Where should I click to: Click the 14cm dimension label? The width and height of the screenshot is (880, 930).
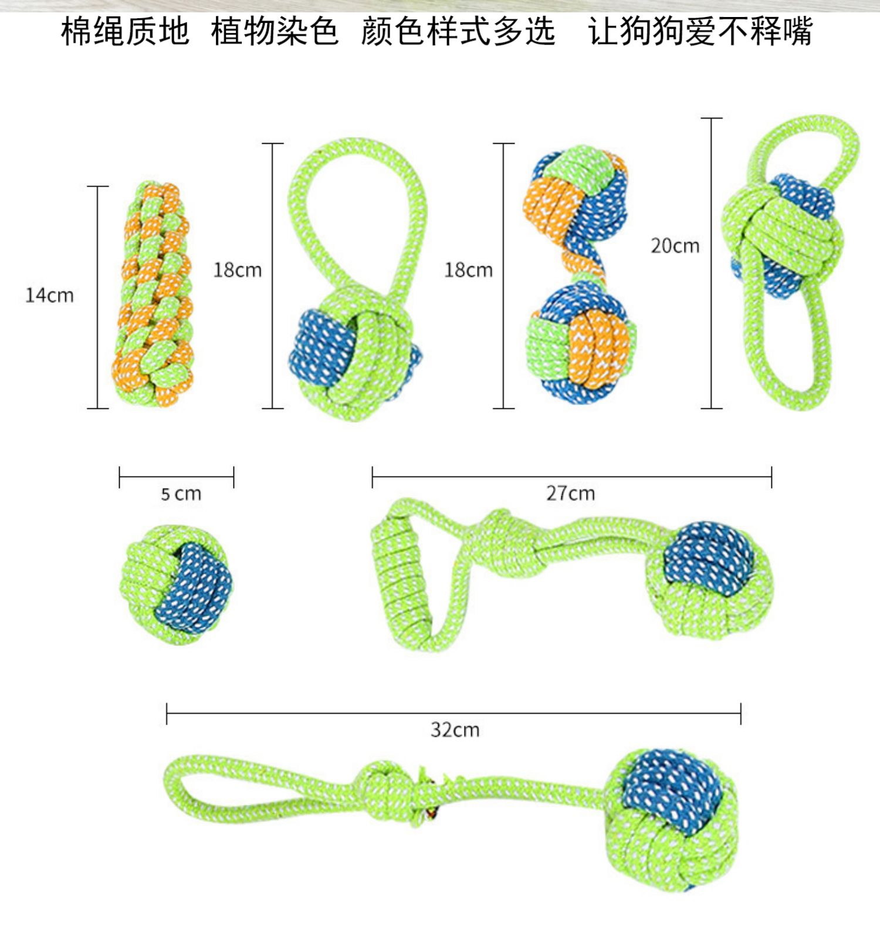pos(50,295)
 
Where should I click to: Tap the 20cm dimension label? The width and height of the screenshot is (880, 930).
pos(675,246)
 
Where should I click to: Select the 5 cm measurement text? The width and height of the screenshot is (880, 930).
pos(181,494)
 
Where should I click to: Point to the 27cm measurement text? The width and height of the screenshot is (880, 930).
pos(570,493)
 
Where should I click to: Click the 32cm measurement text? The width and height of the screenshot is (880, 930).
pos(455,730)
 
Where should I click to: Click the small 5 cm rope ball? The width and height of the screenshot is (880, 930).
pos(176,585)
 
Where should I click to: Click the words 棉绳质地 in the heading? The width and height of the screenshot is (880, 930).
pos(125,31)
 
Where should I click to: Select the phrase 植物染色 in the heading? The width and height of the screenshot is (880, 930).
pos(275,31)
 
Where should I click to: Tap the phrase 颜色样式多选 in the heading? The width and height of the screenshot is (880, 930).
pos(458,31)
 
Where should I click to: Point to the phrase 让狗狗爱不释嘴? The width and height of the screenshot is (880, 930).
pos(700,31)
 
